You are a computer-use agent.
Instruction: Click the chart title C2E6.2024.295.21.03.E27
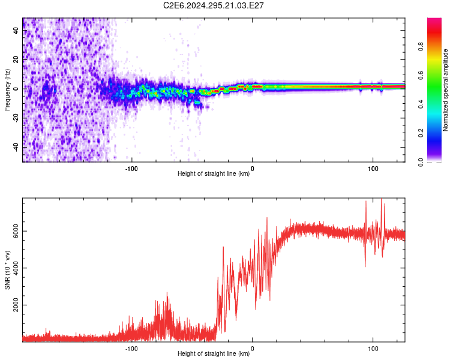click(x=213, y=5)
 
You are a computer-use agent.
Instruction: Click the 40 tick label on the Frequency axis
click(x=16, y=30)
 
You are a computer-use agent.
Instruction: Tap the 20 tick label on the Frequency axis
click(x=16, y=59)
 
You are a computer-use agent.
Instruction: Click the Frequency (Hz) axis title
click(x=7, y=90)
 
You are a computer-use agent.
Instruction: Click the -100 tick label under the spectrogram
click(x=131, y=169)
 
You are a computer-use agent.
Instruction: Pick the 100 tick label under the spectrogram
click(x=373, y=169)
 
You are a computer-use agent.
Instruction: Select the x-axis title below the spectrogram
click(x=214, y=173)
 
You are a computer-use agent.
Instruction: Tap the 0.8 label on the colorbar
click(x=421, y=47)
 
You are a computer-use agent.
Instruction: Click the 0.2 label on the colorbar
click(x=421, y=133)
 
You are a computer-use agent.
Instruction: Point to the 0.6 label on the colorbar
click(x=421, y=76)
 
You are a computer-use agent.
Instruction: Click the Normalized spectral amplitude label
click(x=445, y=90)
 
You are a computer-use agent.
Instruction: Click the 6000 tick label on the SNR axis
click(x=16, y=231)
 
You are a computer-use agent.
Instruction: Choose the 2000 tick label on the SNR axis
click(x=16, y=305)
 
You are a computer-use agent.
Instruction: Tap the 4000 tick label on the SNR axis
click(x=16, y=268)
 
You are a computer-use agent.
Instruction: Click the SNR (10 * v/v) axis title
click(x=7, y=270)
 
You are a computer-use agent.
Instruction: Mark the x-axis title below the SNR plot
click(x=214, y=353)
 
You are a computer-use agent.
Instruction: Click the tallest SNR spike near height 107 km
click(x=381, y=199)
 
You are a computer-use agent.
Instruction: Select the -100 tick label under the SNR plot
click(x=131, y=349)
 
